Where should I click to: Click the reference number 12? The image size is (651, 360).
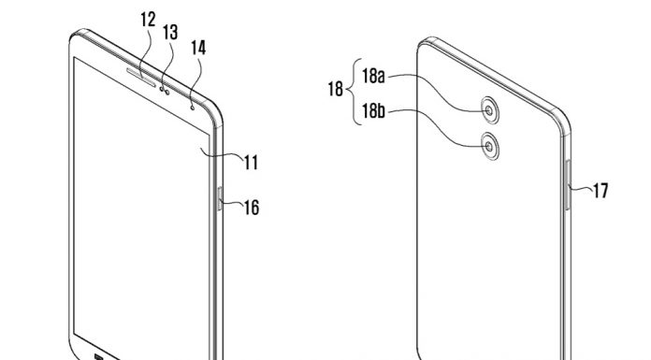148,20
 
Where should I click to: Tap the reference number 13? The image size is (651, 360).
170,32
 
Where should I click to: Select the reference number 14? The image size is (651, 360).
198,48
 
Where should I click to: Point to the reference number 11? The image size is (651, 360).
251,163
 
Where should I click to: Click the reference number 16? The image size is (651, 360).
252,208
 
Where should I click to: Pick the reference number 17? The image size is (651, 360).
600,191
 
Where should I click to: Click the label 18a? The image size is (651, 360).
373,76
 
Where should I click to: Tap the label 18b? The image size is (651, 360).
373,111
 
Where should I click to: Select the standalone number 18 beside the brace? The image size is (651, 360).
336,89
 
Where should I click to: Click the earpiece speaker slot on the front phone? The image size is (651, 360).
141,78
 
